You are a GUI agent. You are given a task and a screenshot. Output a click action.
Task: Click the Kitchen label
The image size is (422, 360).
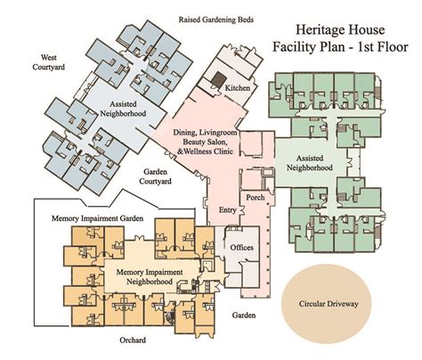238,88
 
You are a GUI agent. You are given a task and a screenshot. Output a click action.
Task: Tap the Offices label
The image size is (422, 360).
242,248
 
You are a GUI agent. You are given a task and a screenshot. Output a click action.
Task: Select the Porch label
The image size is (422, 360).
256,197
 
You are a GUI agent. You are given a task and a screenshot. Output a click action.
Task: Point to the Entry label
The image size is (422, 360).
228,210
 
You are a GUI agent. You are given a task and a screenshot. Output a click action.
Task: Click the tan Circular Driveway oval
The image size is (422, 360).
327,303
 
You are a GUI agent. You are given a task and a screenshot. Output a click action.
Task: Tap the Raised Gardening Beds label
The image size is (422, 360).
216,20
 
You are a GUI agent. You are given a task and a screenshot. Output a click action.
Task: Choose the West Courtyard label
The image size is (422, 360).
49,62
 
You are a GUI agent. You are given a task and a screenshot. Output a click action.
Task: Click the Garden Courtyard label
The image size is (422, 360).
155,176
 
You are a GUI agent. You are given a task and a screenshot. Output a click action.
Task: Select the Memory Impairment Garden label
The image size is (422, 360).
97,218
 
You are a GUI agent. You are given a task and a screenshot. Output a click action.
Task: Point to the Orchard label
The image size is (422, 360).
133,340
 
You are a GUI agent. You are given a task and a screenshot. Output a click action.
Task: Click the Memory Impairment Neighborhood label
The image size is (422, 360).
150,276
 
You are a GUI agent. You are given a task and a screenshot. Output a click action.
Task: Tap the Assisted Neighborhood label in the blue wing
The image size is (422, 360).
123,109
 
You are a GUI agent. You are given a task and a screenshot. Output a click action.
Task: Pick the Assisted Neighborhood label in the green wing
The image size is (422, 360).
309,163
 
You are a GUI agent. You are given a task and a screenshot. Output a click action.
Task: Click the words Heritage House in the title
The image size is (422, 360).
340,29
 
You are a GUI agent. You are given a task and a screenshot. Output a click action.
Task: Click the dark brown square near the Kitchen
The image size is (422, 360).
219,79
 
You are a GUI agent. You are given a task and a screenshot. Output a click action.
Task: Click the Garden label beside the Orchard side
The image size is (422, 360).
244,315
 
